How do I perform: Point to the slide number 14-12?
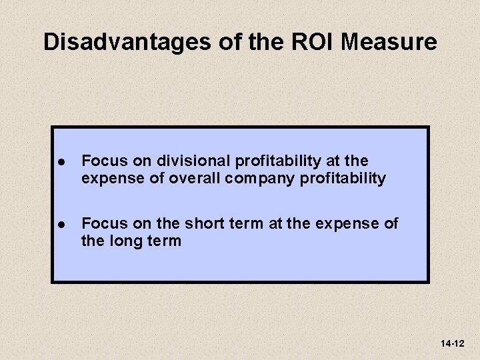[452, 343]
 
